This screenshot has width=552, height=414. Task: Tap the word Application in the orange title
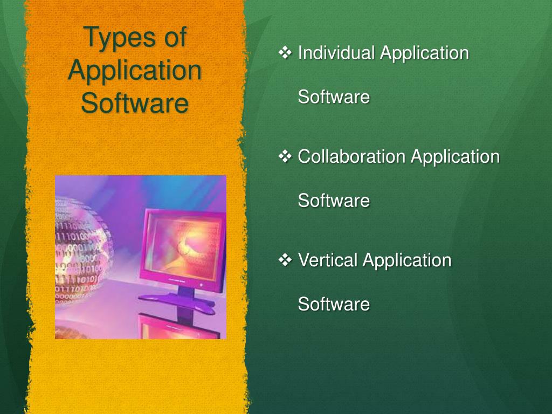(x=135, y=71)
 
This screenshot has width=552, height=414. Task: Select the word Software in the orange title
(x=135, y=103)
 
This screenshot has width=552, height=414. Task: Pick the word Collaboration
(x=351, y=157)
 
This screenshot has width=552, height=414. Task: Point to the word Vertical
(x=328, y=260)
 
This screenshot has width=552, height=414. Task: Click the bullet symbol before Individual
(x=285, y=53)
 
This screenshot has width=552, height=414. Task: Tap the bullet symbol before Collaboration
(x=285, y=156)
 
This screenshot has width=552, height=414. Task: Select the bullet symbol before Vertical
(x=285, y=260)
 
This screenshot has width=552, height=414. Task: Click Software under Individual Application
(x=334, y=98)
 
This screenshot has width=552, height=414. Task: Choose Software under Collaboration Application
(x=334, y=201)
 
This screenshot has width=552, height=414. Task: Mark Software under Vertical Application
(x=334, y=305)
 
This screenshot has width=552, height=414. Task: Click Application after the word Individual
(x=424, y=53)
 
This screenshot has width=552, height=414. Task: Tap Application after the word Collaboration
(x=455, y=157)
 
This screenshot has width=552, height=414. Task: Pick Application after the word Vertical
(x=406, y=260)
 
